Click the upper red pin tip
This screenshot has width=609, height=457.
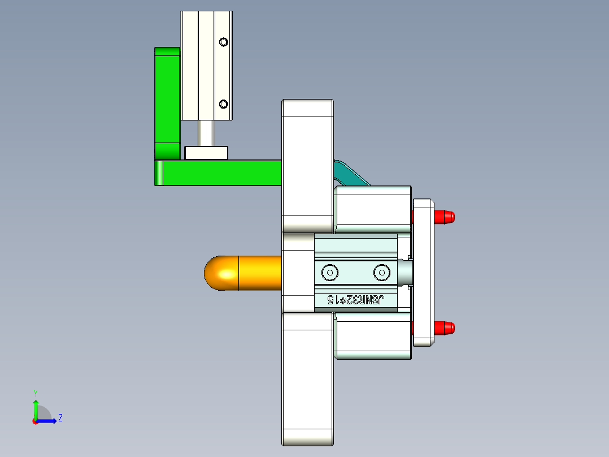point(445,217)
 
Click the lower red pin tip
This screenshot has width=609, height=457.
point(445,328)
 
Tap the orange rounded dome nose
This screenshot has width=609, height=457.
point(220,273)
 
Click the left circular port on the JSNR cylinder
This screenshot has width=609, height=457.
point(330,273)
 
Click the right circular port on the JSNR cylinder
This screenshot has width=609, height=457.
point(381,273)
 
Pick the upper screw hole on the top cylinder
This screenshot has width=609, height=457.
point(224,42)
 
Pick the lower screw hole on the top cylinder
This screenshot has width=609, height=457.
point(224,104)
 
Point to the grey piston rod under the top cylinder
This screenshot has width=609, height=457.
point(206,133)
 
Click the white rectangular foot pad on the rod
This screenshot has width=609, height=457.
point(206,153)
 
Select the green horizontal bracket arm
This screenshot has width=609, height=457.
point(220,173)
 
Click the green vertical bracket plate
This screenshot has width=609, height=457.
point(167,102)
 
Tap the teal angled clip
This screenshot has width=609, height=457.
point(350,174)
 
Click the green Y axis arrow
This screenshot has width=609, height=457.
point(36,406)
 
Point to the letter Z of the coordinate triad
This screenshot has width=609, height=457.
point(60,418)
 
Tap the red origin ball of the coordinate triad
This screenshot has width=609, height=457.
point(36,421)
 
